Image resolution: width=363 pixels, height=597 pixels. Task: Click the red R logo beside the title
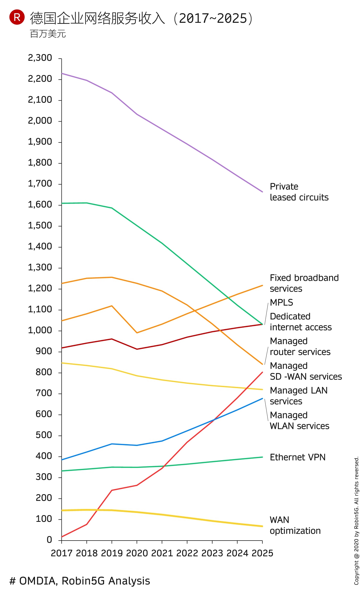(17, 17)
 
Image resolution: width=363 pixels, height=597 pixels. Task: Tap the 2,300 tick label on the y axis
(40, 58)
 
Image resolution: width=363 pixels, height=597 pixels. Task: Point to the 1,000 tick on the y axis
(40, 330)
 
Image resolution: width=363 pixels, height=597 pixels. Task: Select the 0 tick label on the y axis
(49, 540)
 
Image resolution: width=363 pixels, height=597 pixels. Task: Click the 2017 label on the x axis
(62, 553)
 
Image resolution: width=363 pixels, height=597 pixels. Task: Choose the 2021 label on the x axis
(162, 553)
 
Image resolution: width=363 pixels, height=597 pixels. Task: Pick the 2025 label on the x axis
(262, 553)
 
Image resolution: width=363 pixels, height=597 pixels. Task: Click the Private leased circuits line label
(299, 192)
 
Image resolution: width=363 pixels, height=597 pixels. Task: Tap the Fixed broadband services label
(304, 283)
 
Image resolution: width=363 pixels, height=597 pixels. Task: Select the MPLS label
(281, 302)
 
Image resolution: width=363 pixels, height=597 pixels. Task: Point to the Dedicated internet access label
(300, 322)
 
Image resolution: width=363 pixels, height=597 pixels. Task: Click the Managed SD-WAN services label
(306, 371)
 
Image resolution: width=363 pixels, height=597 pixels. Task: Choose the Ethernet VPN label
(297, 457)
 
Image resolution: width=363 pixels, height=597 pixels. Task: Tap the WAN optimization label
(295, 525)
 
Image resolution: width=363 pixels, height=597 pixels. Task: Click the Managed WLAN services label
(299, 420)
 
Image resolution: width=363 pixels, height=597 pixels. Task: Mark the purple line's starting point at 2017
(62, 73)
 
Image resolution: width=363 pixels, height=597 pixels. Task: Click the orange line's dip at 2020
(137, 333)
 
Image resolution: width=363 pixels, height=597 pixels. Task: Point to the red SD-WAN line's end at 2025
(262, 372)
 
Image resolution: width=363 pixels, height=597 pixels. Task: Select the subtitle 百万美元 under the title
(48, 34)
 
